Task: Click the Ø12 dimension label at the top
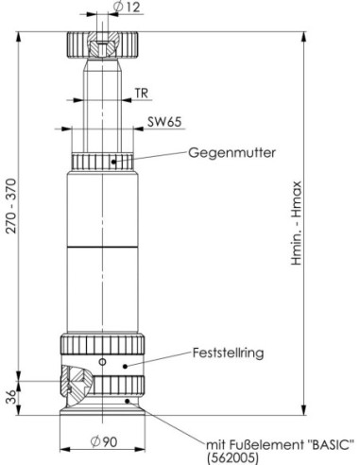click(126, 7)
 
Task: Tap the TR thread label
click(142, 94)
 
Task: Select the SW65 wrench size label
click(164, 122)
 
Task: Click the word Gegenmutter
click(232, 153)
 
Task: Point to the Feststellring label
click(228, 353)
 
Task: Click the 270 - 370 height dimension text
click(11, 206)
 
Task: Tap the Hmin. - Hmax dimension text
click(296, 223)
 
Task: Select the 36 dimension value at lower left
click(10, 397)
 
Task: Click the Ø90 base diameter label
click(104, 441)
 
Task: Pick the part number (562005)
click(232, 457)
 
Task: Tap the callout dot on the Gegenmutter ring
click(113, 162)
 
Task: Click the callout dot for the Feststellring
click(125, 366)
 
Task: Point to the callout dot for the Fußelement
click(128, 401)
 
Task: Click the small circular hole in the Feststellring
click(102, 362)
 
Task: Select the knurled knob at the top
click(102, 44)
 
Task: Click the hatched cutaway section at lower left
click(76, 386)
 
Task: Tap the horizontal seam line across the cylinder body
click(103, 247)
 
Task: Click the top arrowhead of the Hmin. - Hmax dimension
click(303, 37)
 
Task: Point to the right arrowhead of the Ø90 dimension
click(140, 450)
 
